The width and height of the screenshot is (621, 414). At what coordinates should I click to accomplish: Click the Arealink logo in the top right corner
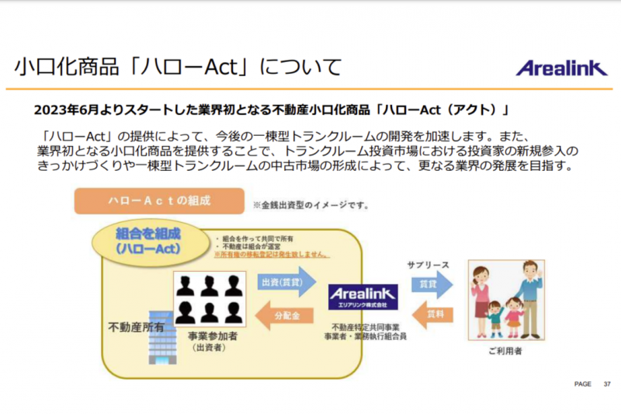562,68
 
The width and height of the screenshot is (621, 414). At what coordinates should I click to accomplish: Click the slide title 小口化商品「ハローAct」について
178,68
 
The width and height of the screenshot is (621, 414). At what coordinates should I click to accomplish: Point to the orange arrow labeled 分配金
282,315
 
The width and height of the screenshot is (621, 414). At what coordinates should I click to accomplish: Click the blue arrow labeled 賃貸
428,286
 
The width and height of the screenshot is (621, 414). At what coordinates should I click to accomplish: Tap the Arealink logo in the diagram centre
363,296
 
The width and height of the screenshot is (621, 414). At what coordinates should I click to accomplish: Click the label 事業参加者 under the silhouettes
209,336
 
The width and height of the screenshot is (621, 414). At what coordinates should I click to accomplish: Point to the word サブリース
428,266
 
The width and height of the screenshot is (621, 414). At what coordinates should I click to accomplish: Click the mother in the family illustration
480,299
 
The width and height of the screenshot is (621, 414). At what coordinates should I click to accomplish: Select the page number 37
606,384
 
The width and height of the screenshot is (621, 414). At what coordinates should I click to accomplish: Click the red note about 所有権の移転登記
272,254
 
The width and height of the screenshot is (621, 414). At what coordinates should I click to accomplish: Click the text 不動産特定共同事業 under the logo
363,327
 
